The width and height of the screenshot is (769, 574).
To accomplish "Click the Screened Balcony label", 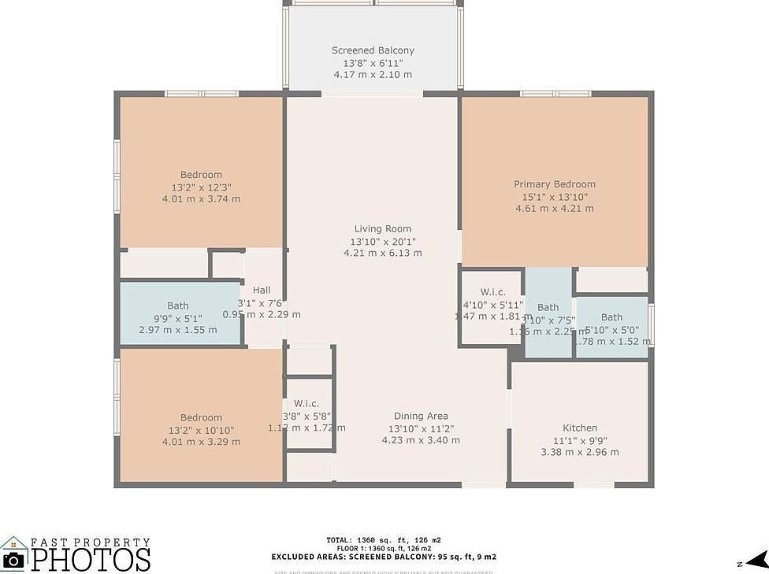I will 373,50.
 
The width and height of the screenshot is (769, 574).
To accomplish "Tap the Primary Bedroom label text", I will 555,184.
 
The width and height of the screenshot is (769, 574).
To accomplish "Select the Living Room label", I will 383,229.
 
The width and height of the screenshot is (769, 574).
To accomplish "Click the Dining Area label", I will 421,417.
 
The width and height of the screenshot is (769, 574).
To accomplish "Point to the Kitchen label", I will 580,428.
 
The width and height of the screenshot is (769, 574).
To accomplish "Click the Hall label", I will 262,290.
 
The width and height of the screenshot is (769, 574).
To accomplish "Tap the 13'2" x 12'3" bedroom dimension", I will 201,187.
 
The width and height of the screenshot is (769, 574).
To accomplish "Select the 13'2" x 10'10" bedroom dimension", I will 201,430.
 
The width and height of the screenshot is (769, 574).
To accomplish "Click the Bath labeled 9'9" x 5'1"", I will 178,306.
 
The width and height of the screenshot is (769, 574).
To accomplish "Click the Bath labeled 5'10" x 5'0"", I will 611,317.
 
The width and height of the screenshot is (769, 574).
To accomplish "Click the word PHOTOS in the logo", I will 91,559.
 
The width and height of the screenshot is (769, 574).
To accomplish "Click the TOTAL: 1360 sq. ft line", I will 384,540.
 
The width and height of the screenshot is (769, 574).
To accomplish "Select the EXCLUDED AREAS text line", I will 384,557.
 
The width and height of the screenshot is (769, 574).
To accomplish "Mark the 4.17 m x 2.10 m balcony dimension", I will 373,75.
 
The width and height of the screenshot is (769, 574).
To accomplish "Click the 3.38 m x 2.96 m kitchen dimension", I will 580,452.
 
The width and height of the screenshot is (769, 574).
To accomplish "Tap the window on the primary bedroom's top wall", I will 555,94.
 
